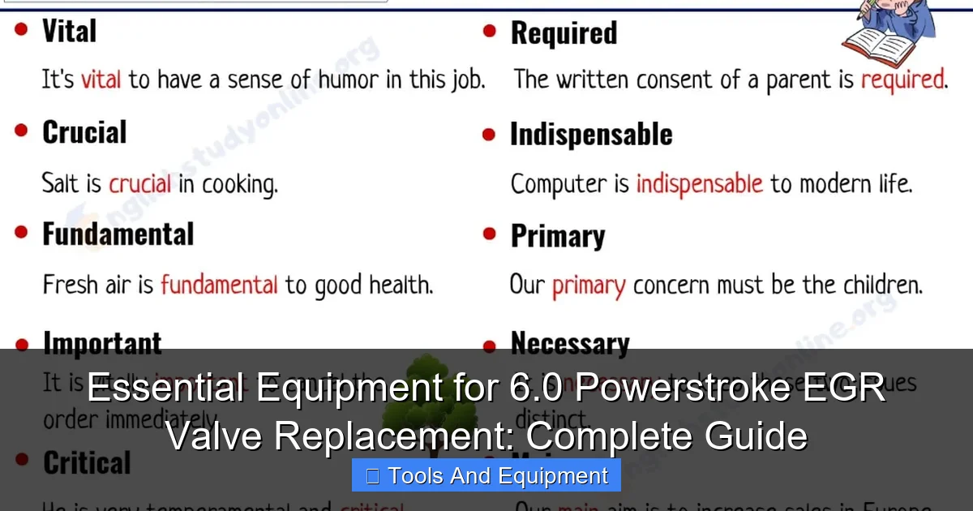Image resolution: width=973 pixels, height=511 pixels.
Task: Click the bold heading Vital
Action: click(x=69, y=32)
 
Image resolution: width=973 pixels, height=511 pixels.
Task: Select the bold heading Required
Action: click(x=564, y=33)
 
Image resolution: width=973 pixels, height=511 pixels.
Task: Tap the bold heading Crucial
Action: click(x=84, y=133)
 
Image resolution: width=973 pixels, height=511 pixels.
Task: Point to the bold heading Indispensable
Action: click(x=591, y=135)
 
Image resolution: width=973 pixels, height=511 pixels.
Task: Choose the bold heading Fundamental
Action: click(x=118, y=235)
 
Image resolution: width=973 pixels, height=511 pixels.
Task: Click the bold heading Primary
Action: click(x=558, y=237)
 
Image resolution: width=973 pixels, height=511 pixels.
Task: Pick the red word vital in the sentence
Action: click(x=101, y=79)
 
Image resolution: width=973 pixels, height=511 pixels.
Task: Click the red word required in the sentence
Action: click(x=902, y=79)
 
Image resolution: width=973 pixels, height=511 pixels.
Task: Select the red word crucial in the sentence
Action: click(x=139, y=183)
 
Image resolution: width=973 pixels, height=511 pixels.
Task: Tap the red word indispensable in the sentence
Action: click(x=699, y=183)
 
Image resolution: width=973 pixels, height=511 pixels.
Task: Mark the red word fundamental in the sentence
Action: click(x=219, y=286)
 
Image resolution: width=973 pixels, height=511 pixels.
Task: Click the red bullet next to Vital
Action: click(x=21, y=29)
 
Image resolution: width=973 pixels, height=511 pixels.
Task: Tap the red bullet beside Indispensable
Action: click(x=489, y=134)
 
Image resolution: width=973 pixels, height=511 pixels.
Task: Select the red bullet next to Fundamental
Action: click(x=21, y=234)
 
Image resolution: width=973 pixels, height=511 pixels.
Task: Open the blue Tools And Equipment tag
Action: click(x=486, y=476)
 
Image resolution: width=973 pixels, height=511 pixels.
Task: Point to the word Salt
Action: click(x=62, y=183)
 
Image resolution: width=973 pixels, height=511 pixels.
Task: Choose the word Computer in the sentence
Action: click(x=559, y=183)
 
